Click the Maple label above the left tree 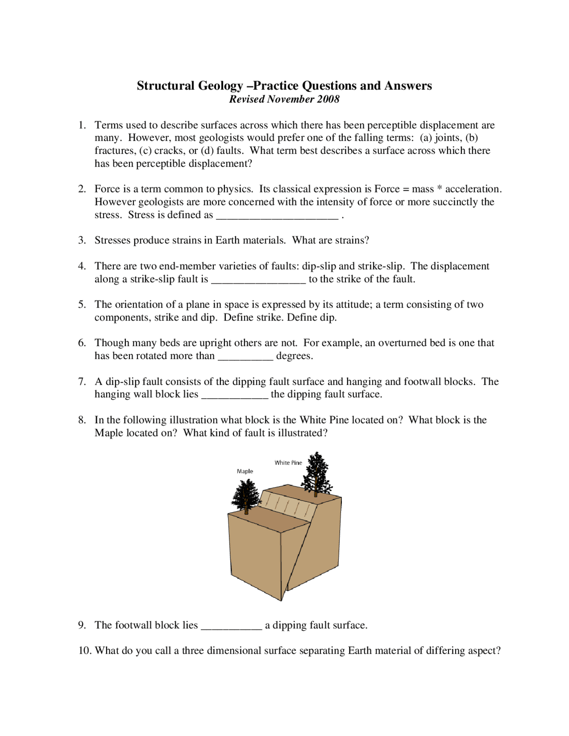tap(245, 471)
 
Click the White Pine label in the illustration tap(288, 463)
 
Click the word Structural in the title tap(165, 85)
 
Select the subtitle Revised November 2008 tap(284, 99)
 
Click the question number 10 tap(84, 651)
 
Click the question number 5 tap(82, 304)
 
